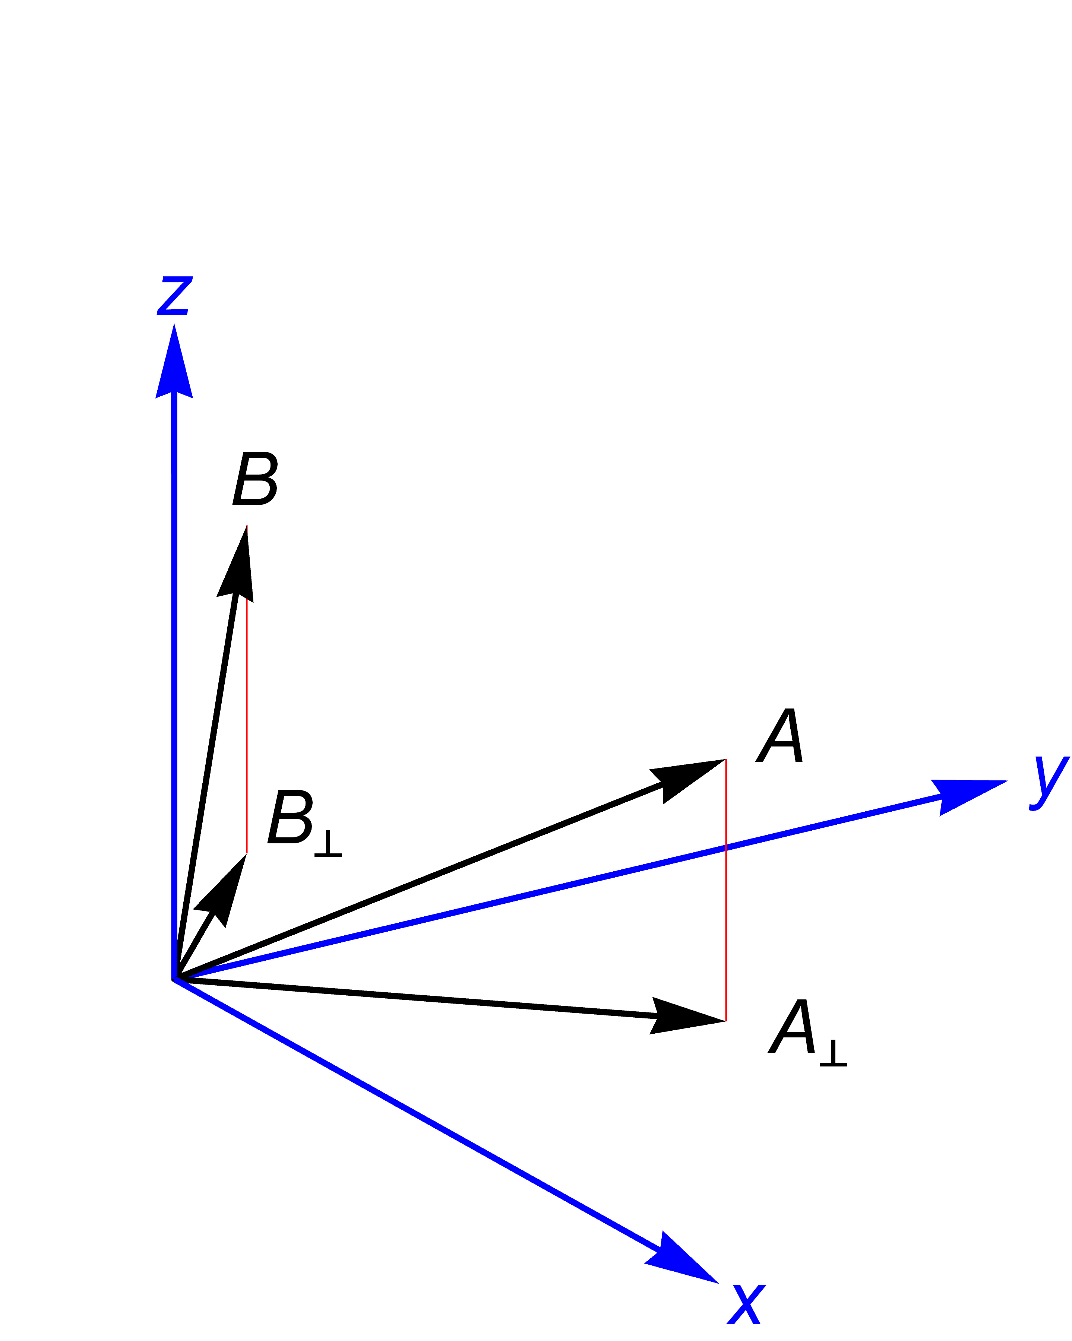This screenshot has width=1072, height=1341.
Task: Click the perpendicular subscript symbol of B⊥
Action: point(328,843)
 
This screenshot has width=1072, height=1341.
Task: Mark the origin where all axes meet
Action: point(175,979)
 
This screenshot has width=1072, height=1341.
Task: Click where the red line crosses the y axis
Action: point(725,847)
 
